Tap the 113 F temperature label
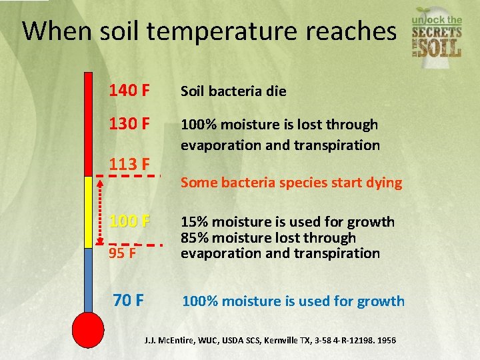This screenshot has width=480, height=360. click(x=129, y=164)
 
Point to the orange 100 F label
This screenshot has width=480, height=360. click(x=129, y=221)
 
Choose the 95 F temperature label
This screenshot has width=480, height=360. click(x=123, y=253)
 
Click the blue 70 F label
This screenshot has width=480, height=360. click(x=128, y=300)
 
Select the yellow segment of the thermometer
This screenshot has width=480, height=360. click(x=88, y=212)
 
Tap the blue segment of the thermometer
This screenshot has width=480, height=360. click(x=88, y=280)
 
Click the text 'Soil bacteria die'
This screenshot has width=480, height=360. click(x=233, y=91)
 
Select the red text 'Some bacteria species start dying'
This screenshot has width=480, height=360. click(x=291, y=183)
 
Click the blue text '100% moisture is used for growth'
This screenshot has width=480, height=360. click(x=293, y=301)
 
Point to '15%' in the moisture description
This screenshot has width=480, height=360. click(x=194, y=222)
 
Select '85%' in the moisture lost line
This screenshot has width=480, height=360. click(x=194, y=237)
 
